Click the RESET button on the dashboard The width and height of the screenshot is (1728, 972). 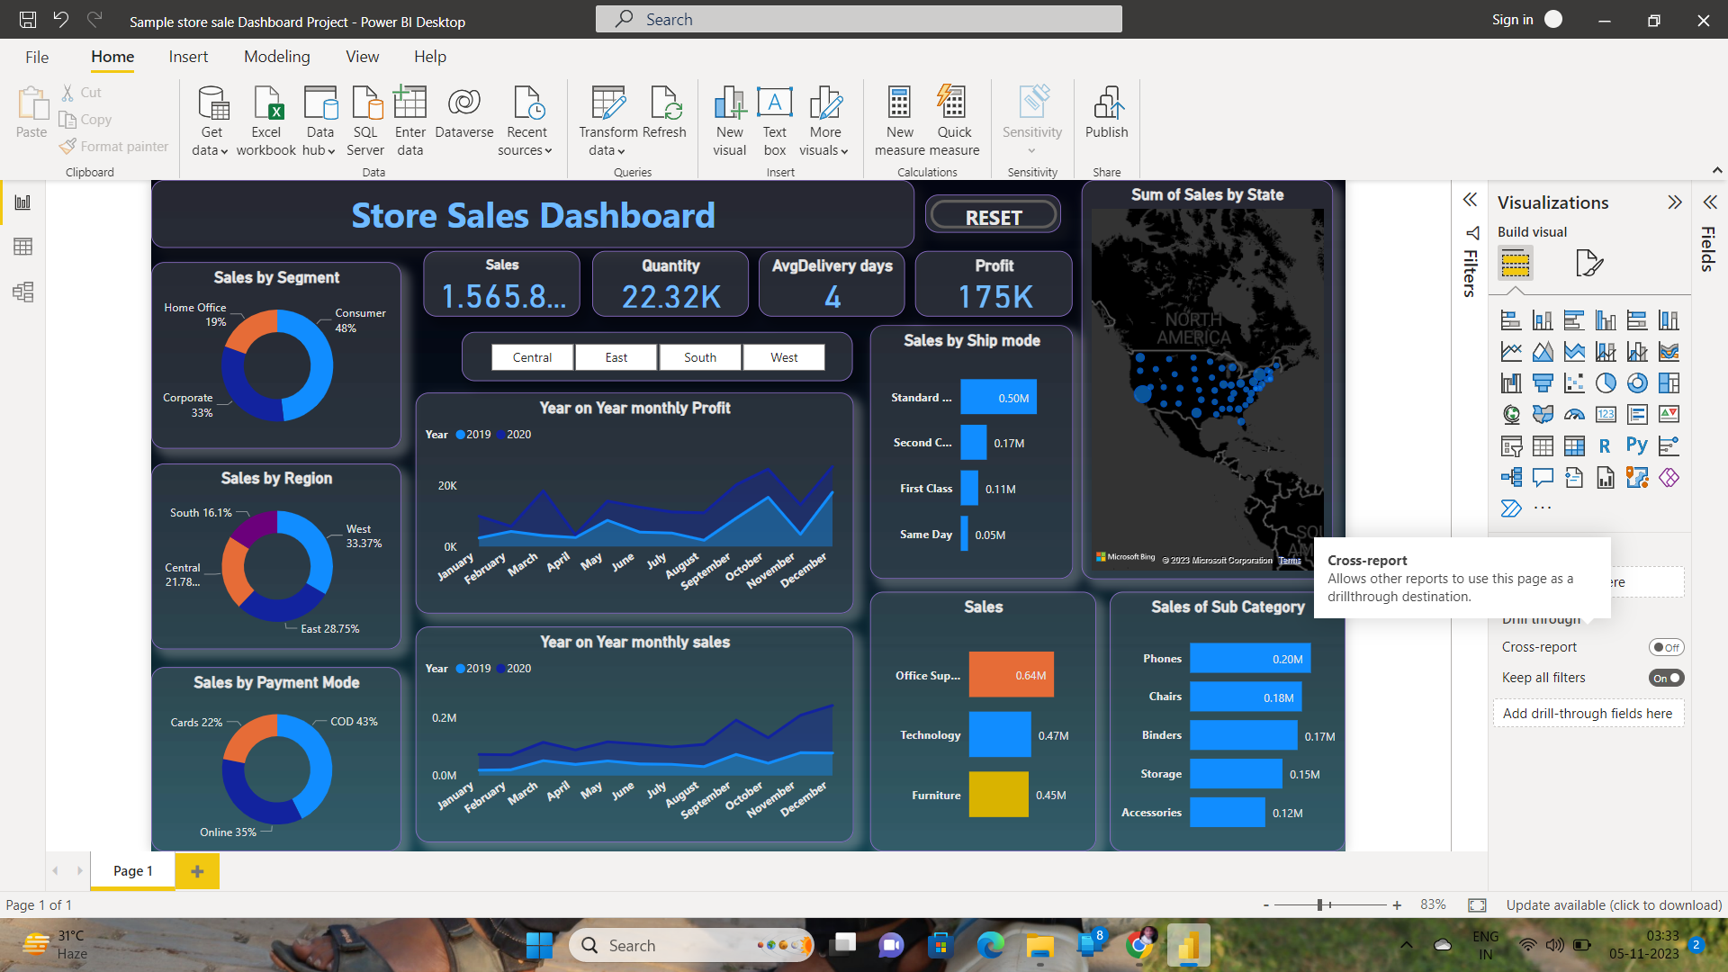click(994, 217)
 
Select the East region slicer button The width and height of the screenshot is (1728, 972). click(616, 357)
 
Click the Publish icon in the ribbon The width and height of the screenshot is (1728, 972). click(1106, 112)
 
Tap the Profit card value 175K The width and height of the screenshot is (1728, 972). click(994, 296)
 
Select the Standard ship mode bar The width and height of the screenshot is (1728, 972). click(998, 398)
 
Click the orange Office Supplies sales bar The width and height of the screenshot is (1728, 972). click(1011, 675)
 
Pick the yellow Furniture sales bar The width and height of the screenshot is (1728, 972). click(998, 795)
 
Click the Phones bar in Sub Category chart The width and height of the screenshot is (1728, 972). click(1249, 659)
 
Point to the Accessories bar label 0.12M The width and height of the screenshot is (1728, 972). click(1287, 813)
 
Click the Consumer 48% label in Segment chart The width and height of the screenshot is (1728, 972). click(359, 320)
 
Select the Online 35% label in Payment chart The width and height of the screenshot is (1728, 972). click(228, 832)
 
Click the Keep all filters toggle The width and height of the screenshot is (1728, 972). click(1666, 678)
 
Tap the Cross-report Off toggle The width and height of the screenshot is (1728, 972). click(1666, 647)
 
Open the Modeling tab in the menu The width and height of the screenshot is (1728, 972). click(276, 57)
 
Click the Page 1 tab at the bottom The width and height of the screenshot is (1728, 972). click(132, 871)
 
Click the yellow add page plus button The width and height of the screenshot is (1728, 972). click(197, 871)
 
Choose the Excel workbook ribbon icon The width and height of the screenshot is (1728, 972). click(266, 120)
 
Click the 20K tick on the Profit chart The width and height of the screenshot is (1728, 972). click(447, 486)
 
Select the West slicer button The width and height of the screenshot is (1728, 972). click(784, 357)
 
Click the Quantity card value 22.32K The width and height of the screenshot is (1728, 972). click(670, 296)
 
